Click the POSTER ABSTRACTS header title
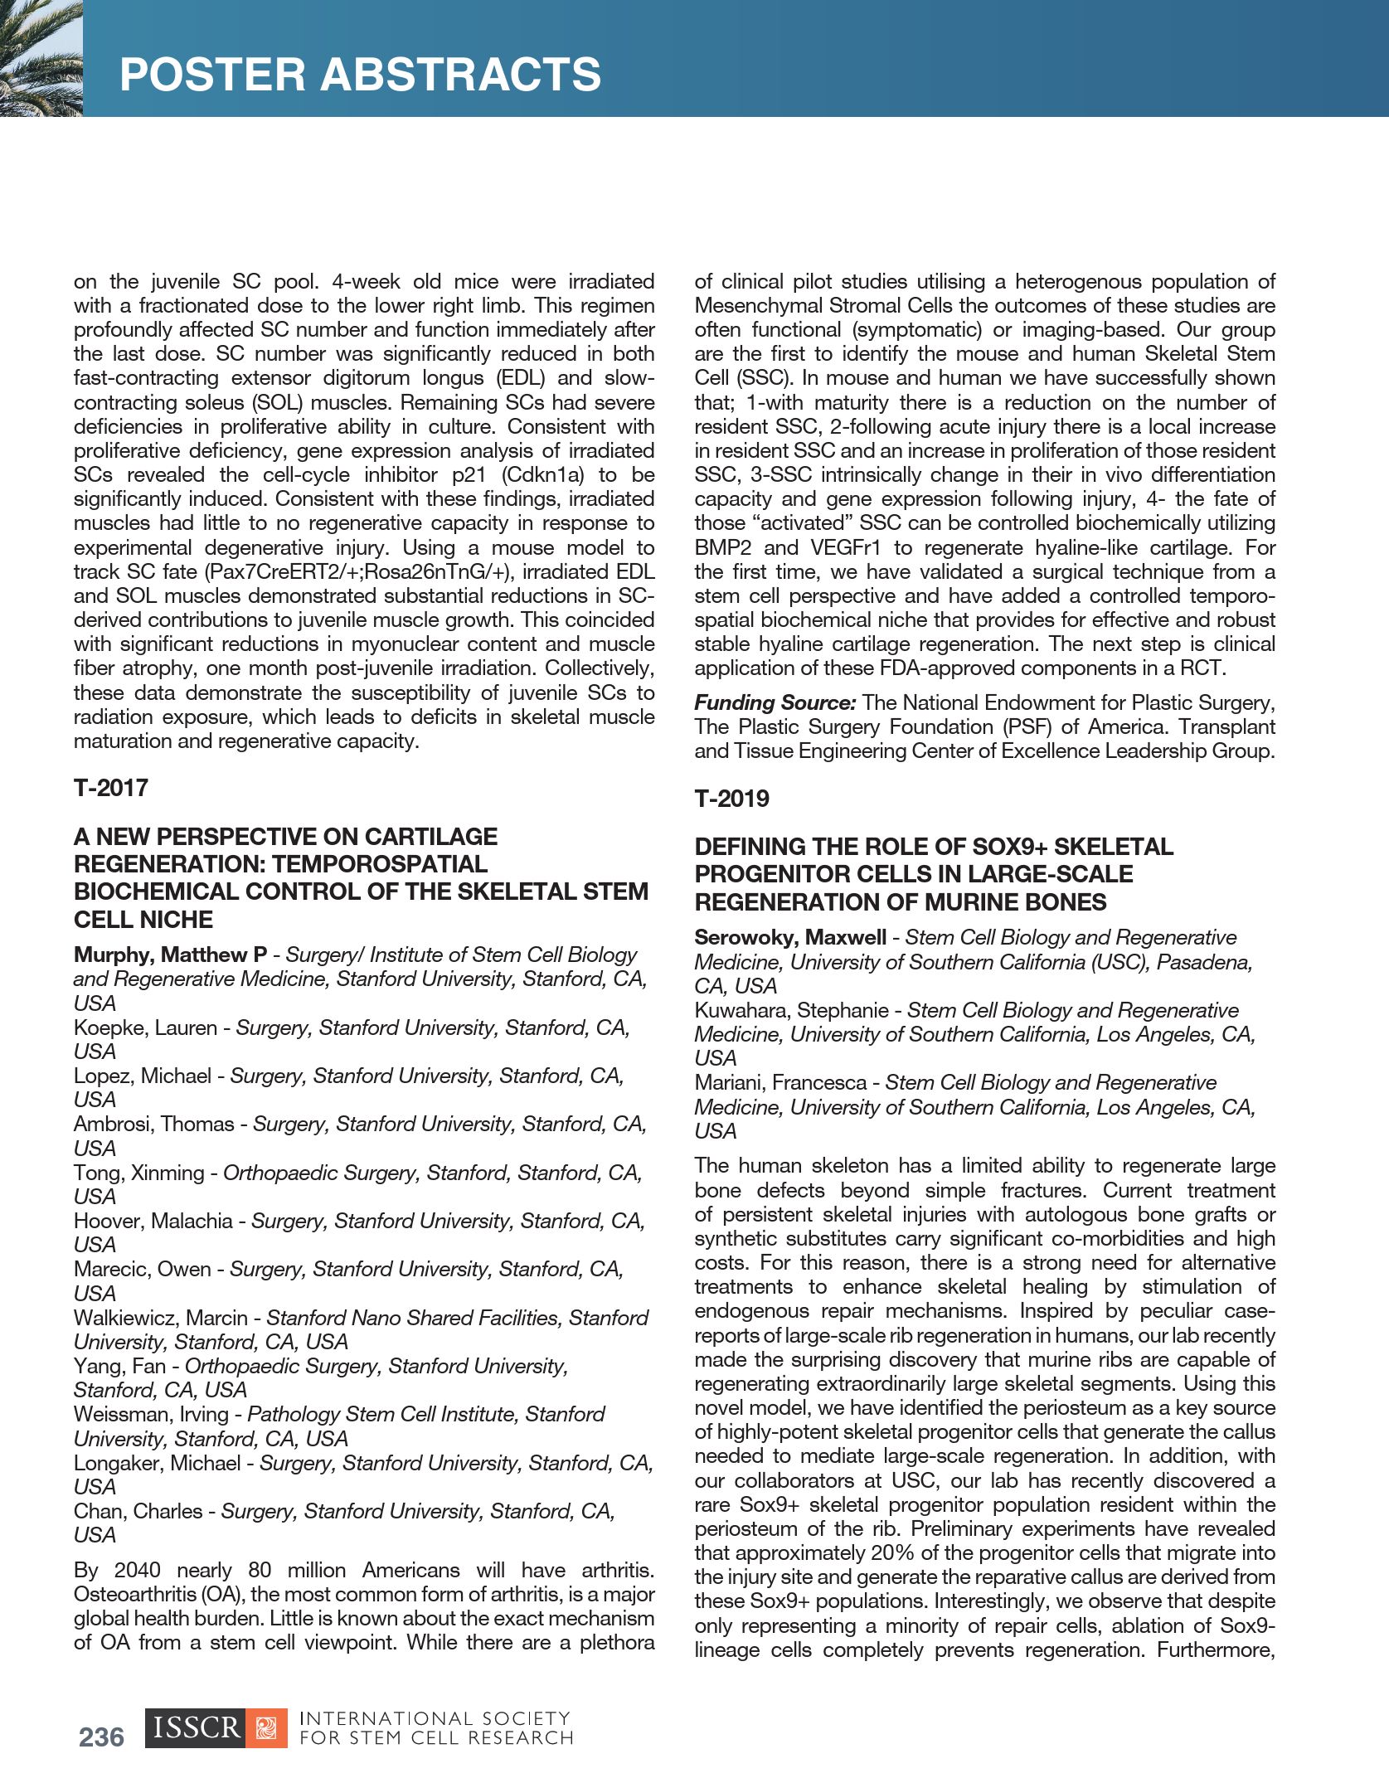pos(360,75)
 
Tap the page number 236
pos(101,1737)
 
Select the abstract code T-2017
pos(111,788)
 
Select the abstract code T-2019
pos(731,799)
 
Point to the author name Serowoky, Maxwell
pos(790,937)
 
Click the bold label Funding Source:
pos(775,702)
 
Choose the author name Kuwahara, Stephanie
pos(791,1010)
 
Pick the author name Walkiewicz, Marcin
pos(161,1318)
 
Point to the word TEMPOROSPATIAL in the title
pos(380,864)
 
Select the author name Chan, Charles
pos(138,1511)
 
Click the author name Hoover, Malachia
pos(153,1221)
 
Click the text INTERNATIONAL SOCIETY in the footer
pos(435,1718)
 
